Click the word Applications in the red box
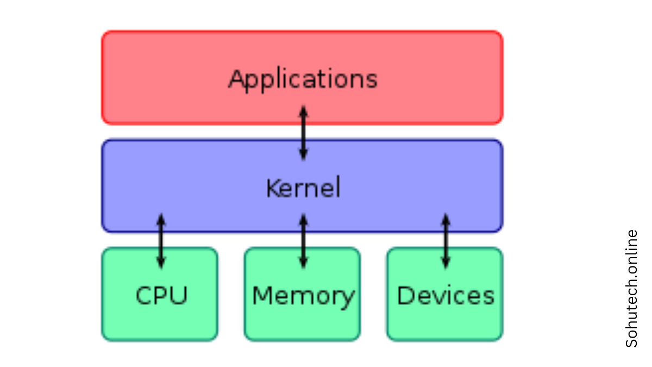click(303, 79)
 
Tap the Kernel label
click(303, 189)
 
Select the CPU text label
click(161, 296)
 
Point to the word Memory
click(303, 296)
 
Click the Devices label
click(446, 296)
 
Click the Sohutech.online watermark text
click(631, 288)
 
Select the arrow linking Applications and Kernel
click(303, 133)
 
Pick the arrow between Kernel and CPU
click(161, 241)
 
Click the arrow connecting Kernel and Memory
click(303, 241)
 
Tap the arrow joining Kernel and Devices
click(446, 241)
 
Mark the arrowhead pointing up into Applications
click(303, 110)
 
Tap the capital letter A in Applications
click(235, 79)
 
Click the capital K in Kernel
click(272, 189)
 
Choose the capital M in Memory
click(262, 296)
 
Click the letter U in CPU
click(179, 296)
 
